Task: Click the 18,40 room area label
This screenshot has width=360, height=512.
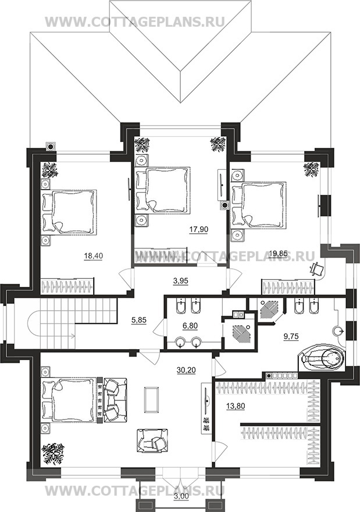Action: tap(94, 257)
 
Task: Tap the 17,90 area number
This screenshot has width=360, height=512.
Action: tap(198, 230)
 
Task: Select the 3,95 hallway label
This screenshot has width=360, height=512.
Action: tap(180, 280)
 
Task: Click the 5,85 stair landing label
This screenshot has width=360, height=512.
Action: tap(139, 321)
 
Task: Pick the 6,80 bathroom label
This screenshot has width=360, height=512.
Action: tap(190, 326)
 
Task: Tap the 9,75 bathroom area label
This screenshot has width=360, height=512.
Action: tap(291, 336)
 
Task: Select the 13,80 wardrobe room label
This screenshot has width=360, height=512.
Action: tap(236, 407)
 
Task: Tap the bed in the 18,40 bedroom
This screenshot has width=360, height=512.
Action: tap(69, 212)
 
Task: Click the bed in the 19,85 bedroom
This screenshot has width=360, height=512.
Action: tap(258, 205)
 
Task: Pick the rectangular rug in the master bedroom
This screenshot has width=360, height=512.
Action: tap(151, 400)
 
